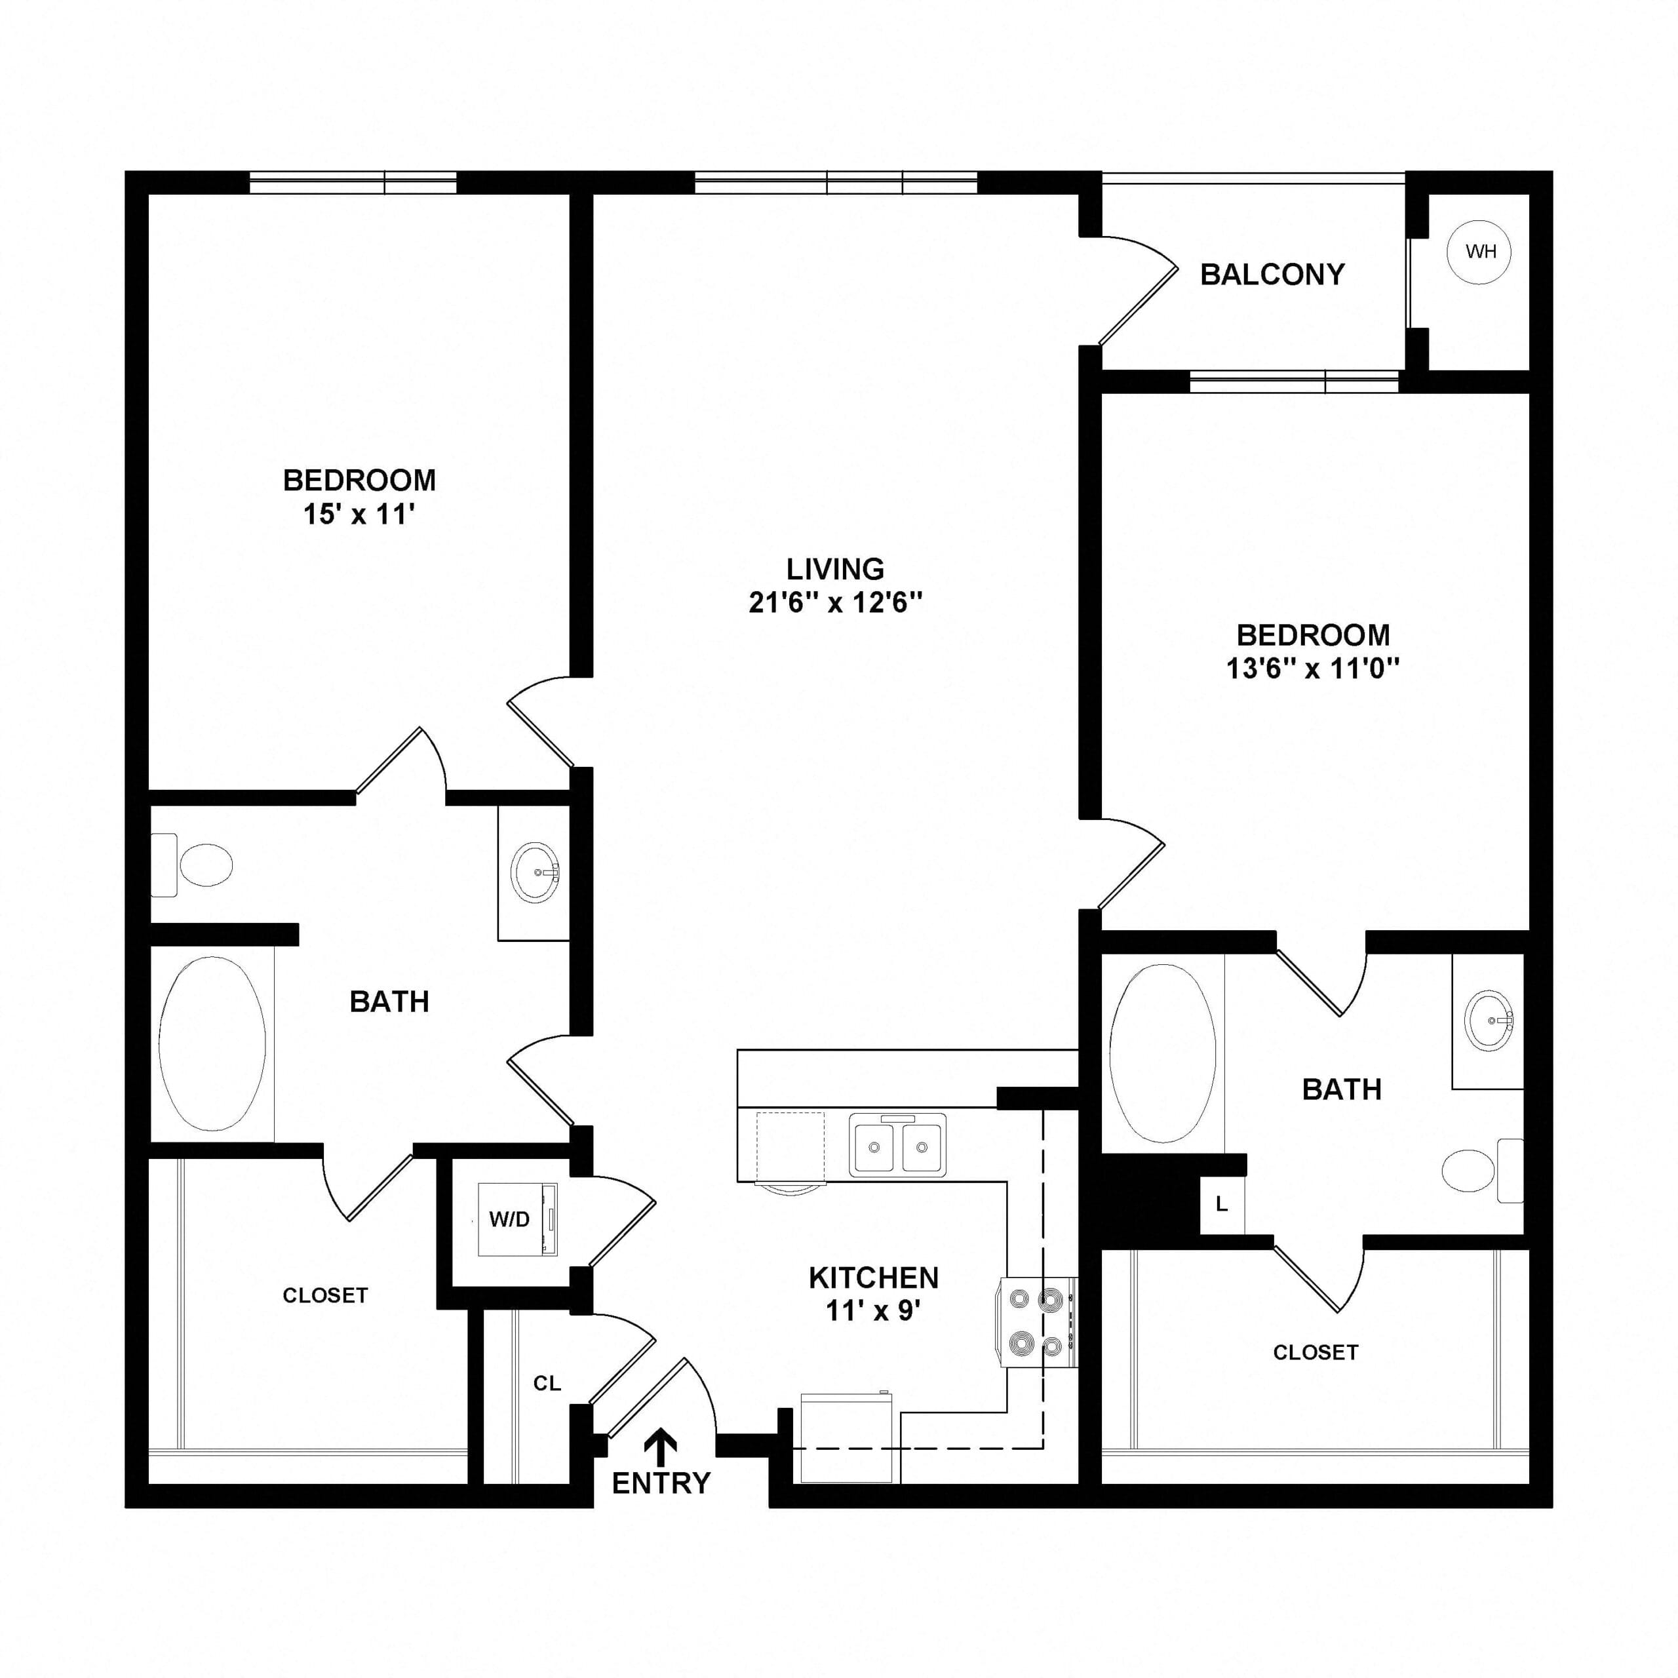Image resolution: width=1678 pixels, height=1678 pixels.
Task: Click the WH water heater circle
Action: coord(1479,252)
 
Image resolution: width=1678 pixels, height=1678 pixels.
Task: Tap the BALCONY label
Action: coord(1272,275)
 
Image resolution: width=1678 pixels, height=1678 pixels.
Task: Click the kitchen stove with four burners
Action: coord(1040,1323)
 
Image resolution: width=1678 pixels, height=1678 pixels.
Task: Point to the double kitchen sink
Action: coord(897,1144)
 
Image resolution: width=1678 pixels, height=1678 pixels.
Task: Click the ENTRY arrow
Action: coord(661,1447)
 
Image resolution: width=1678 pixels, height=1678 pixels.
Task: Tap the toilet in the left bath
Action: coord(192,865)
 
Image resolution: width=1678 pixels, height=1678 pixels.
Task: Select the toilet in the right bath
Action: coord(1483,1171)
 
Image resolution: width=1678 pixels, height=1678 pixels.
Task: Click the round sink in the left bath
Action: coord(535,871)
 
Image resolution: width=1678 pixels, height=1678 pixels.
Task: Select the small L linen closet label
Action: coord(1221,1204)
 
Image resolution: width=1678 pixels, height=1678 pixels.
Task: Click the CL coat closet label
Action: coord(547,1382)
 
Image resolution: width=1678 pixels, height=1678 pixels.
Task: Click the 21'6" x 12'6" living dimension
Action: coord(834,602)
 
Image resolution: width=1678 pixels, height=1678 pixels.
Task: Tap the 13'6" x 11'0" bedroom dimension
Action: coord(1313,668)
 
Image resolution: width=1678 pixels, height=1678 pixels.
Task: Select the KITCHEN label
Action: coord(874,1278)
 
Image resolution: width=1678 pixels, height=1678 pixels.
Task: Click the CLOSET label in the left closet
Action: coord(326,1295)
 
